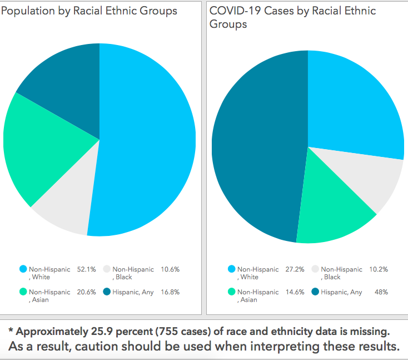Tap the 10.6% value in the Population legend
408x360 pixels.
[170, 269]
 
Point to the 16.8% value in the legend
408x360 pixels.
[170, 292]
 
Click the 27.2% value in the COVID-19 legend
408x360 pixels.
[295, 269]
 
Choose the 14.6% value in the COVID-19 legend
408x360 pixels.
[295, 292]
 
